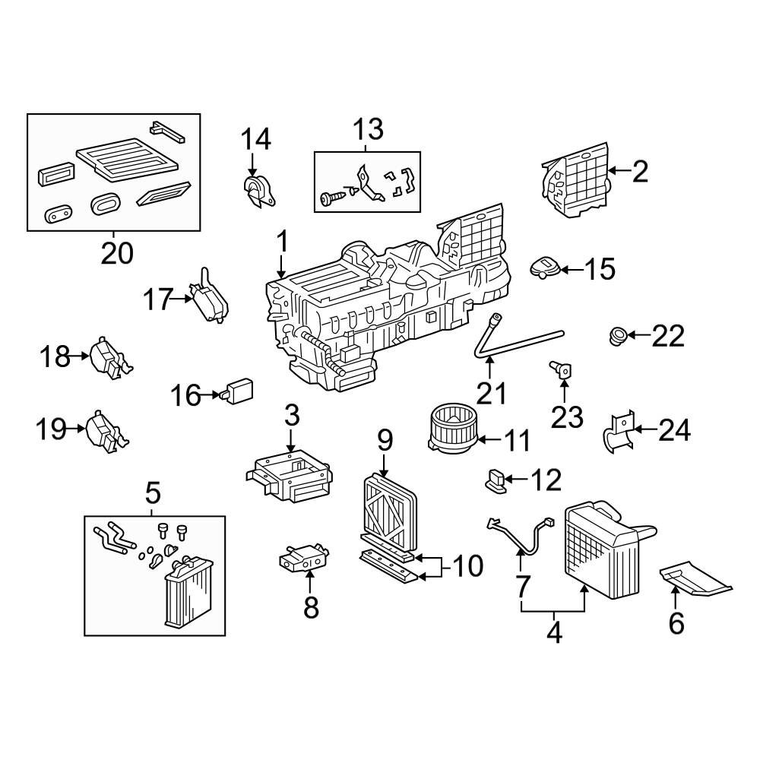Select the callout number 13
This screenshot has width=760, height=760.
[x=369, y=131]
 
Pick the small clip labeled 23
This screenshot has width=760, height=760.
[x=563, y=370]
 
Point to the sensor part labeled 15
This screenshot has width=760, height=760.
[x=545, y=267]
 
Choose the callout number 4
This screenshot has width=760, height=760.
[x=554, y=632]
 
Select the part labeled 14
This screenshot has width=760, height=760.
[x=258, y=191]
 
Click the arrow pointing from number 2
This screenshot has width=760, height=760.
[x=619, y=172]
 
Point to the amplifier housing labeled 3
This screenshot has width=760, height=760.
[x=290, y=477]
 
